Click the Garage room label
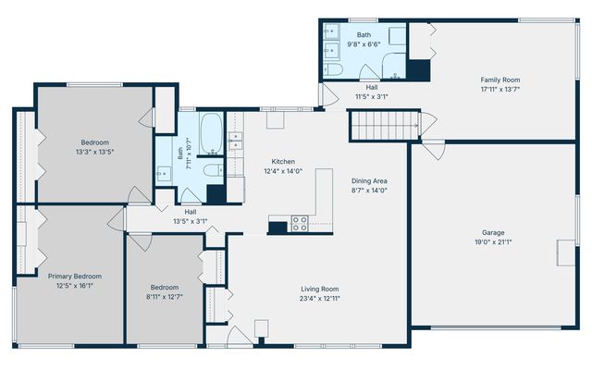[493, 232]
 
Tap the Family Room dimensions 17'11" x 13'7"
[500, 90]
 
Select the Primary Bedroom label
[75, 277]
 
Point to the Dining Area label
[369, 181]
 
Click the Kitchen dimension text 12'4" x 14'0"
[283, 171]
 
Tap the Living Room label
[320, 290]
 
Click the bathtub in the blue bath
[211, 133]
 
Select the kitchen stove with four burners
[300, 223]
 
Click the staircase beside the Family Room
[385, 126]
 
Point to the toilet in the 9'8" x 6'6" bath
[333, 70]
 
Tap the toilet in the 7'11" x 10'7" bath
[214, 170]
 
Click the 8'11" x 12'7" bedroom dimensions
[165, 297]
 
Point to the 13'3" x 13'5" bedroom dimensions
[94, 152]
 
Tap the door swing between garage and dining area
[434, 150]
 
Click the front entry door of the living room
[239, 336]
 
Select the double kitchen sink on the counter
[236, 141]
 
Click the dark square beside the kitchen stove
[277, 228]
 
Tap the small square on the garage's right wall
[565, 253]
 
